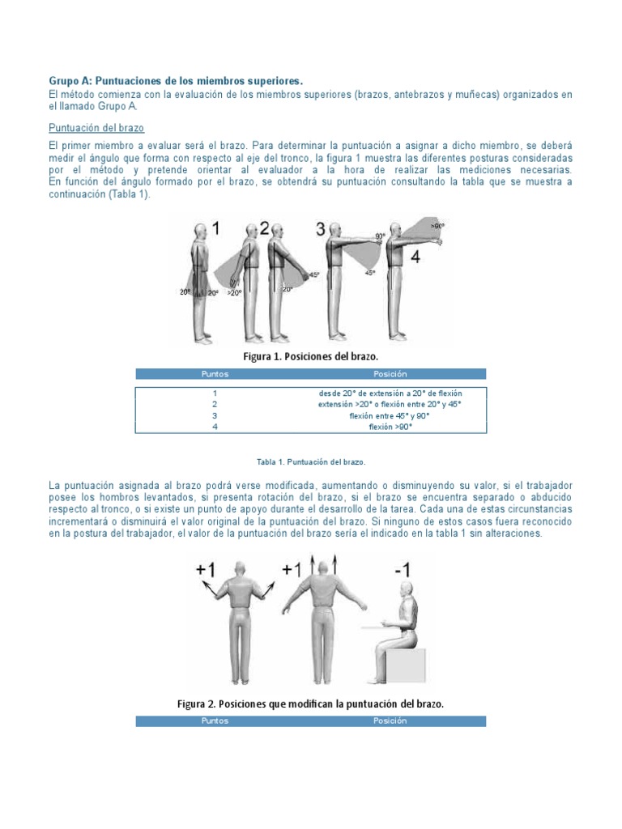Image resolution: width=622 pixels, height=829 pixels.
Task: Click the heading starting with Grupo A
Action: [176, 81]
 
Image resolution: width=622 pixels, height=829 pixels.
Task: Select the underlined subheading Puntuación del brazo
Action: [97, 128]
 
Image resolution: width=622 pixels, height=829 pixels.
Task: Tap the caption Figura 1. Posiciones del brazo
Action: [311, 356]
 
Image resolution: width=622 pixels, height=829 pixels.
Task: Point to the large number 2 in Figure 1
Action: [264, 229]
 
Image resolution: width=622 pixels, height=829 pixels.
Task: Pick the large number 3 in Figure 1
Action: [321, 229]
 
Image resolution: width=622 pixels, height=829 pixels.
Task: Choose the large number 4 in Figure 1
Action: [415, 258]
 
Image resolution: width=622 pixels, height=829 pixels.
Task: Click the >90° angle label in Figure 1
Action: [437, 226]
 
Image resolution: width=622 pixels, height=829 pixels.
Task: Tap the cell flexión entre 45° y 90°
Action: [390, 415]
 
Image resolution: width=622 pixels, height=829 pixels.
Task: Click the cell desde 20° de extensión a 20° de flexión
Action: [390, 393]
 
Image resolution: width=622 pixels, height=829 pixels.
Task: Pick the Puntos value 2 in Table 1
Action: [215, 404]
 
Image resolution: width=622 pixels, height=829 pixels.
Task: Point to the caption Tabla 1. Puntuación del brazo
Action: [311, 461]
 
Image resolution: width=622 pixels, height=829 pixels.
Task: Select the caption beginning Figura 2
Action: [311, 704]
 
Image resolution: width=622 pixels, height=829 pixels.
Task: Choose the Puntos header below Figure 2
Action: [215, 721]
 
